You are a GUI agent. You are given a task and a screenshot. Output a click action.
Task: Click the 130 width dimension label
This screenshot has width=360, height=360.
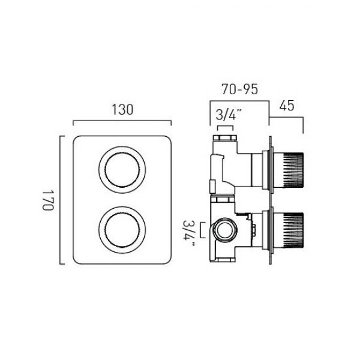[122, 110]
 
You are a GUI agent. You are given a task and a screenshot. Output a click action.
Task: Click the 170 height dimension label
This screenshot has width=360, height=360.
[48, 200]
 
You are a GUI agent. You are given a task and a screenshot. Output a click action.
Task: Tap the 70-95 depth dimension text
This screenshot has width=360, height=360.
[239, 89]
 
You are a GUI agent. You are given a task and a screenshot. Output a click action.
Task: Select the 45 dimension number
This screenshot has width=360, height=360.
[287, 106]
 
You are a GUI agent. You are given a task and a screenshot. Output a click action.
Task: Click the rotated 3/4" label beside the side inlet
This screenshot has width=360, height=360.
[189, 233]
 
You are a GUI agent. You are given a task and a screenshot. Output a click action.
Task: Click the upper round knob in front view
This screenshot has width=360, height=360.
[122, 170]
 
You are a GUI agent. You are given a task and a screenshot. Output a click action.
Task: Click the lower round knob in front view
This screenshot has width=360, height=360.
[122, 230]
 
